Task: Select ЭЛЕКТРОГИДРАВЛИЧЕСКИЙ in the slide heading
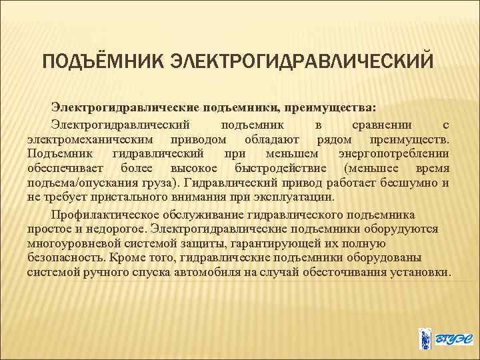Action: [x=301, y=62]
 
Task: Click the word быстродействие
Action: [x=281, y=169]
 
